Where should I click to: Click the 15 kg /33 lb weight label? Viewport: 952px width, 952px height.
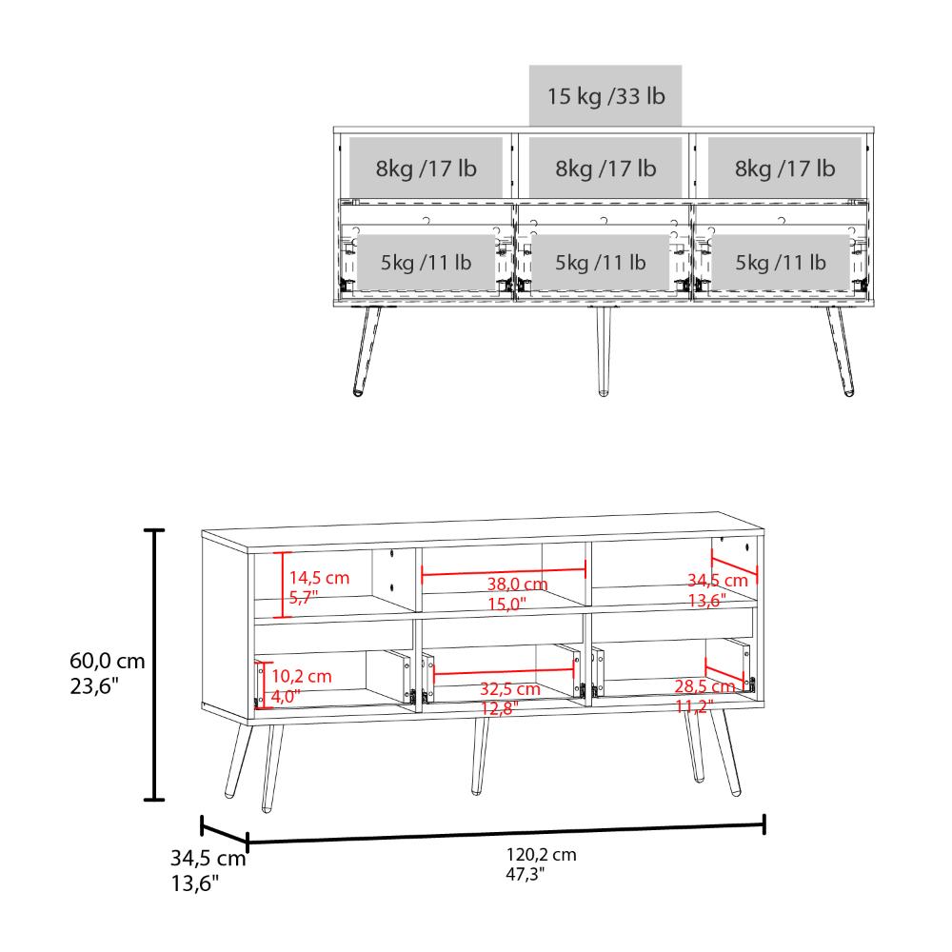tap(605, 96)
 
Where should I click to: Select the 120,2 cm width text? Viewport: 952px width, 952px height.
tap(542, 855)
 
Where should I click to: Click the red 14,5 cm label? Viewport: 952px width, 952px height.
tap(320, 577)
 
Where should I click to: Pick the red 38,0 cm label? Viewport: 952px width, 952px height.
tap(516, 585)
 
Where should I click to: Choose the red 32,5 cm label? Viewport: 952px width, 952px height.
tap(509, 688)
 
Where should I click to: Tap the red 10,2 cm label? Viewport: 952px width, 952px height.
tap(302, 676)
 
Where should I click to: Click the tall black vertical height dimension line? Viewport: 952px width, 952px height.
tap(152, 664)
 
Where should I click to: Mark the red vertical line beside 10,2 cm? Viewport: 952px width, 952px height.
tap(264, 683)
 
